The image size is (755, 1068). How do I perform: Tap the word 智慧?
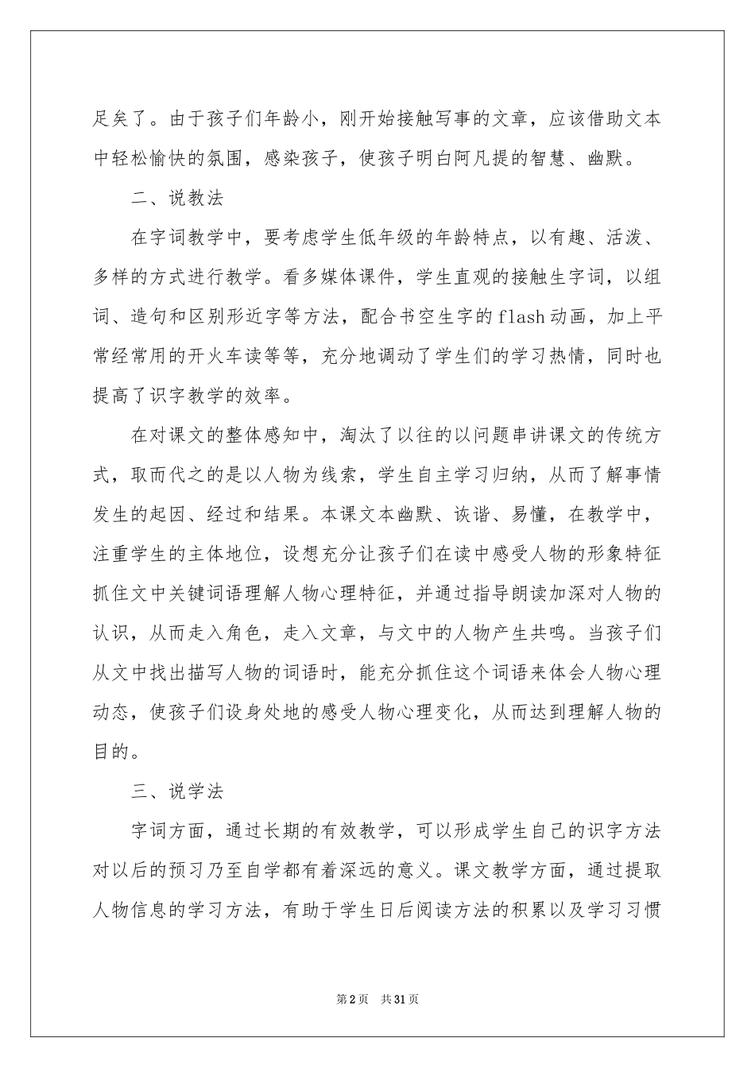click(566, 159)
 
